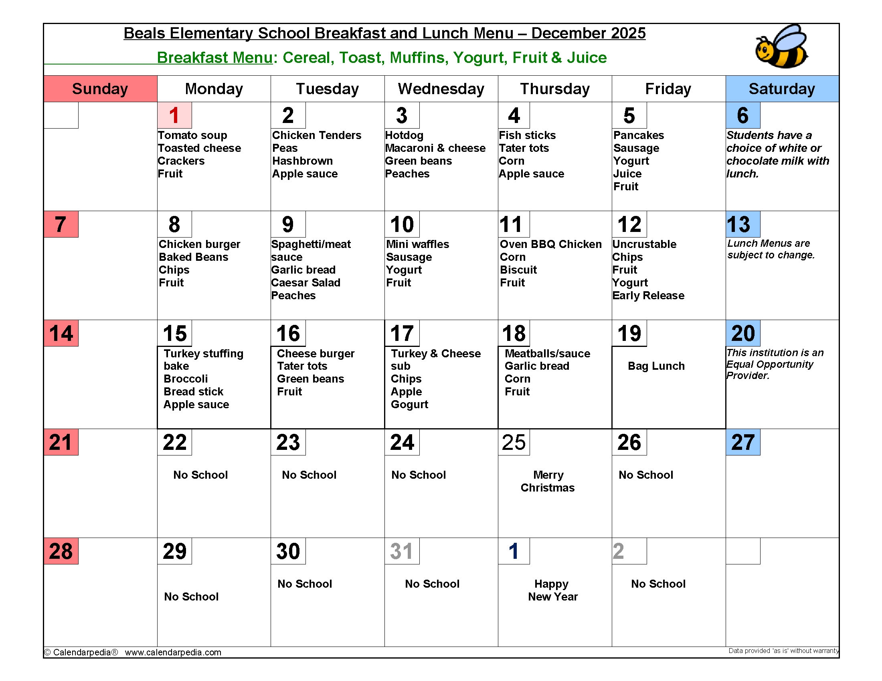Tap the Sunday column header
click(100, 89)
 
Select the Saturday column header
click(782, 89)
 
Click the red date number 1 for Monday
click(174, 115)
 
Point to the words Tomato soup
click(192, 135)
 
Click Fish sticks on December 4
click(527, 135)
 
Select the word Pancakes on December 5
click(639, 135)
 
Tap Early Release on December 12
click(648, 295)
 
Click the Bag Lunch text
click(656, 366)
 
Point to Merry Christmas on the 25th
click(548, 481)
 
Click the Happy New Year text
click(552, 590)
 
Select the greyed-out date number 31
click(401, 551)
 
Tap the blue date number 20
click(742, 333)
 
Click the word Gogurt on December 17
click(409, 404)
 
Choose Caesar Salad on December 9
click(306, 282)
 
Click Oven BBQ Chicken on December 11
click(550, 244)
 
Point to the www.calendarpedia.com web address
click(173, 652)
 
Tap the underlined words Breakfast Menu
click(215, 58)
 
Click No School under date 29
click(191, 597)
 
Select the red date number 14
click(61, 333)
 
